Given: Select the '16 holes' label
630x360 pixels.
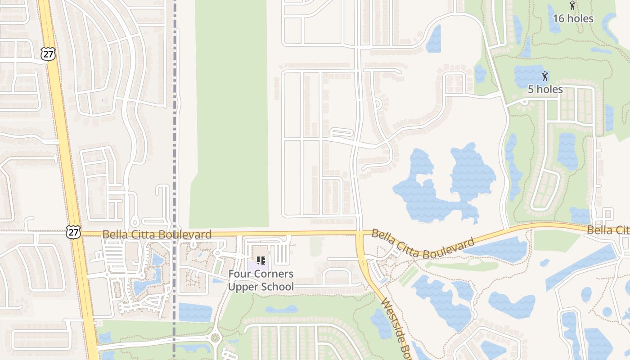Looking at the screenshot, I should click(x=573, y=18).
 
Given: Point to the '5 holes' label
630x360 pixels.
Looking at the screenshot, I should click(x=545, y=89).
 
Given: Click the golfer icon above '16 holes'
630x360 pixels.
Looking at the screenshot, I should click(x=572, y=6).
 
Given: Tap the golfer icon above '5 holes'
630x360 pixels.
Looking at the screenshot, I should click(x=545, y=76).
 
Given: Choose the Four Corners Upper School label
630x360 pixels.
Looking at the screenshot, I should click(x=261, y=280).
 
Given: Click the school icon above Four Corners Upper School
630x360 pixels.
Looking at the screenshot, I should click(x=261, y=260).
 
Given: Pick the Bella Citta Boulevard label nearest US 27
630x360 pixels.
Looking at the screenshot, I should click(x=157, y=234).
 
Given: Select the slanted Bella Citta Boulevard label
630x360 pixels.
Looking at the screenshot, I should click(x=423, y=244).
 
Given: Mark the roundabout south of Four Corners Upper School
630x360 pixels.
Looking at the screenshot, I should click(x=215, y=337).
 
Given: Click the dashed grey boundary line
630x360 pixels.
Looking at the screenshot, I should click(x=175, y=135).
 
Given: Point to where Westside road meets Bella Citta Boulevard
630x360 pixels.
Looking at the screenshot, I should click(x=360, y=233).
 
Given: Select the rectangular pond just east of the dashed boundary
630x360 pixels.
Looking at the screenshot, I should click(x=195, y=312).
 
